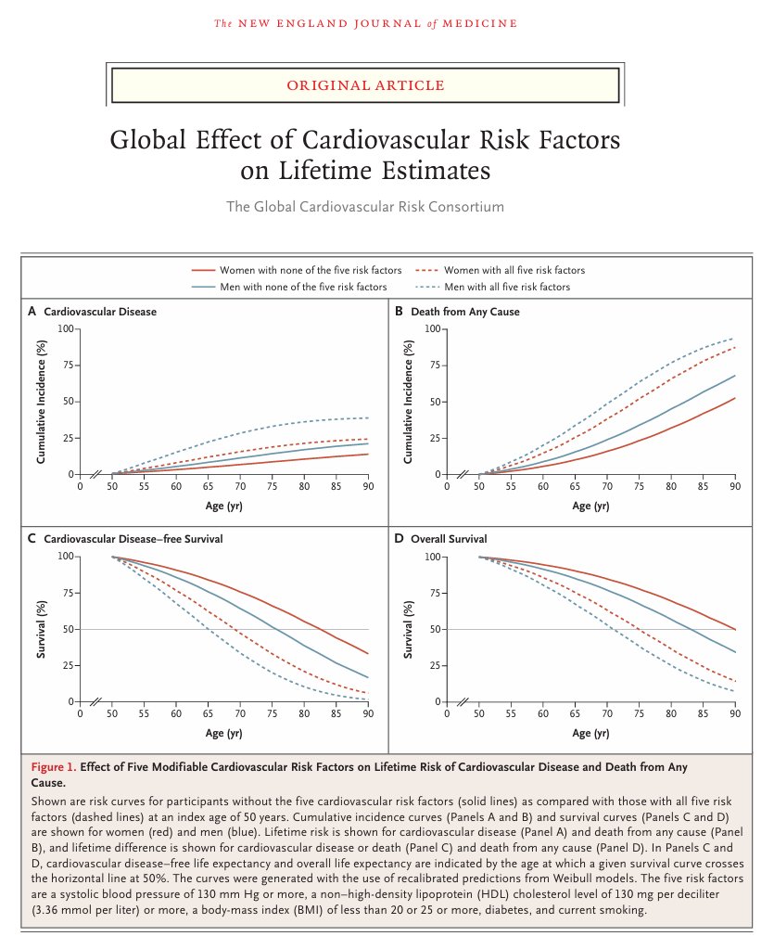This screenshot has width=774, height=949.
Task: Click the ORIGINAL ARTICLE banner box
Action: (366, 85)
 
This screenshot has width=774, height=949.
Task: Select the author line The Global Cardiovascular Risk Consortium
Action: (365, 206)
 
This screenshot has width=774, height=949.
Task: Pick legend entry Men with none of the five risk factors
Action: (303, 288)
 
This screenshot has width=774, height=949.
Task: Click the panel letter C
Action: (32, 539)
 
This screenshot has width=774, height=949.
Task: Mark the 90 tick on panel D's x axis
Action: (735, 713)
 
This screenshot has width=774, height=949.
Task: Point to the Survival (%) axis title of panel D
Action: (409, 629)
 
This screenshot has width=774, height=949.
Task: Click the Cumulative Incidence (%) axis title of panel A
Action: (42, 402)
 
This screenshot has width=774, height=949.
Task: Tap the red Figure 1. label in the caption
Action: (54, 767)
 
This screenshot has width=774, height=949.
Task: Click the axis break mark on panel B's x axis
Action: (461, 474)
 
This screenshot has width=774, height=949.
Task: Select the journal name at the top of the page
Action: (365, 23)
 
